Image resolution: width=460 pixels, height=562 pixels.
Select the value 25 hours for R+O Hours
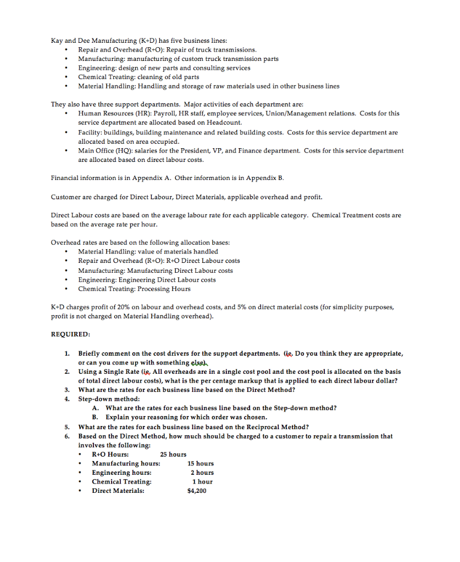pos(173,454)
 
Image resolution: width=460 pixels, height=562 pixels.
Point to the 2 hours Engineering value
pos(202,473)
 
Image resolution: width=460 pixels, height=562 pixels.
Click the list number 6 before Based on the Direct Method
pos(67,436)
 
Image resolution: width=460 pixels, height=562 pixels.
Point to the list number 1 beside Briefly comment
pos(67,353)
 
